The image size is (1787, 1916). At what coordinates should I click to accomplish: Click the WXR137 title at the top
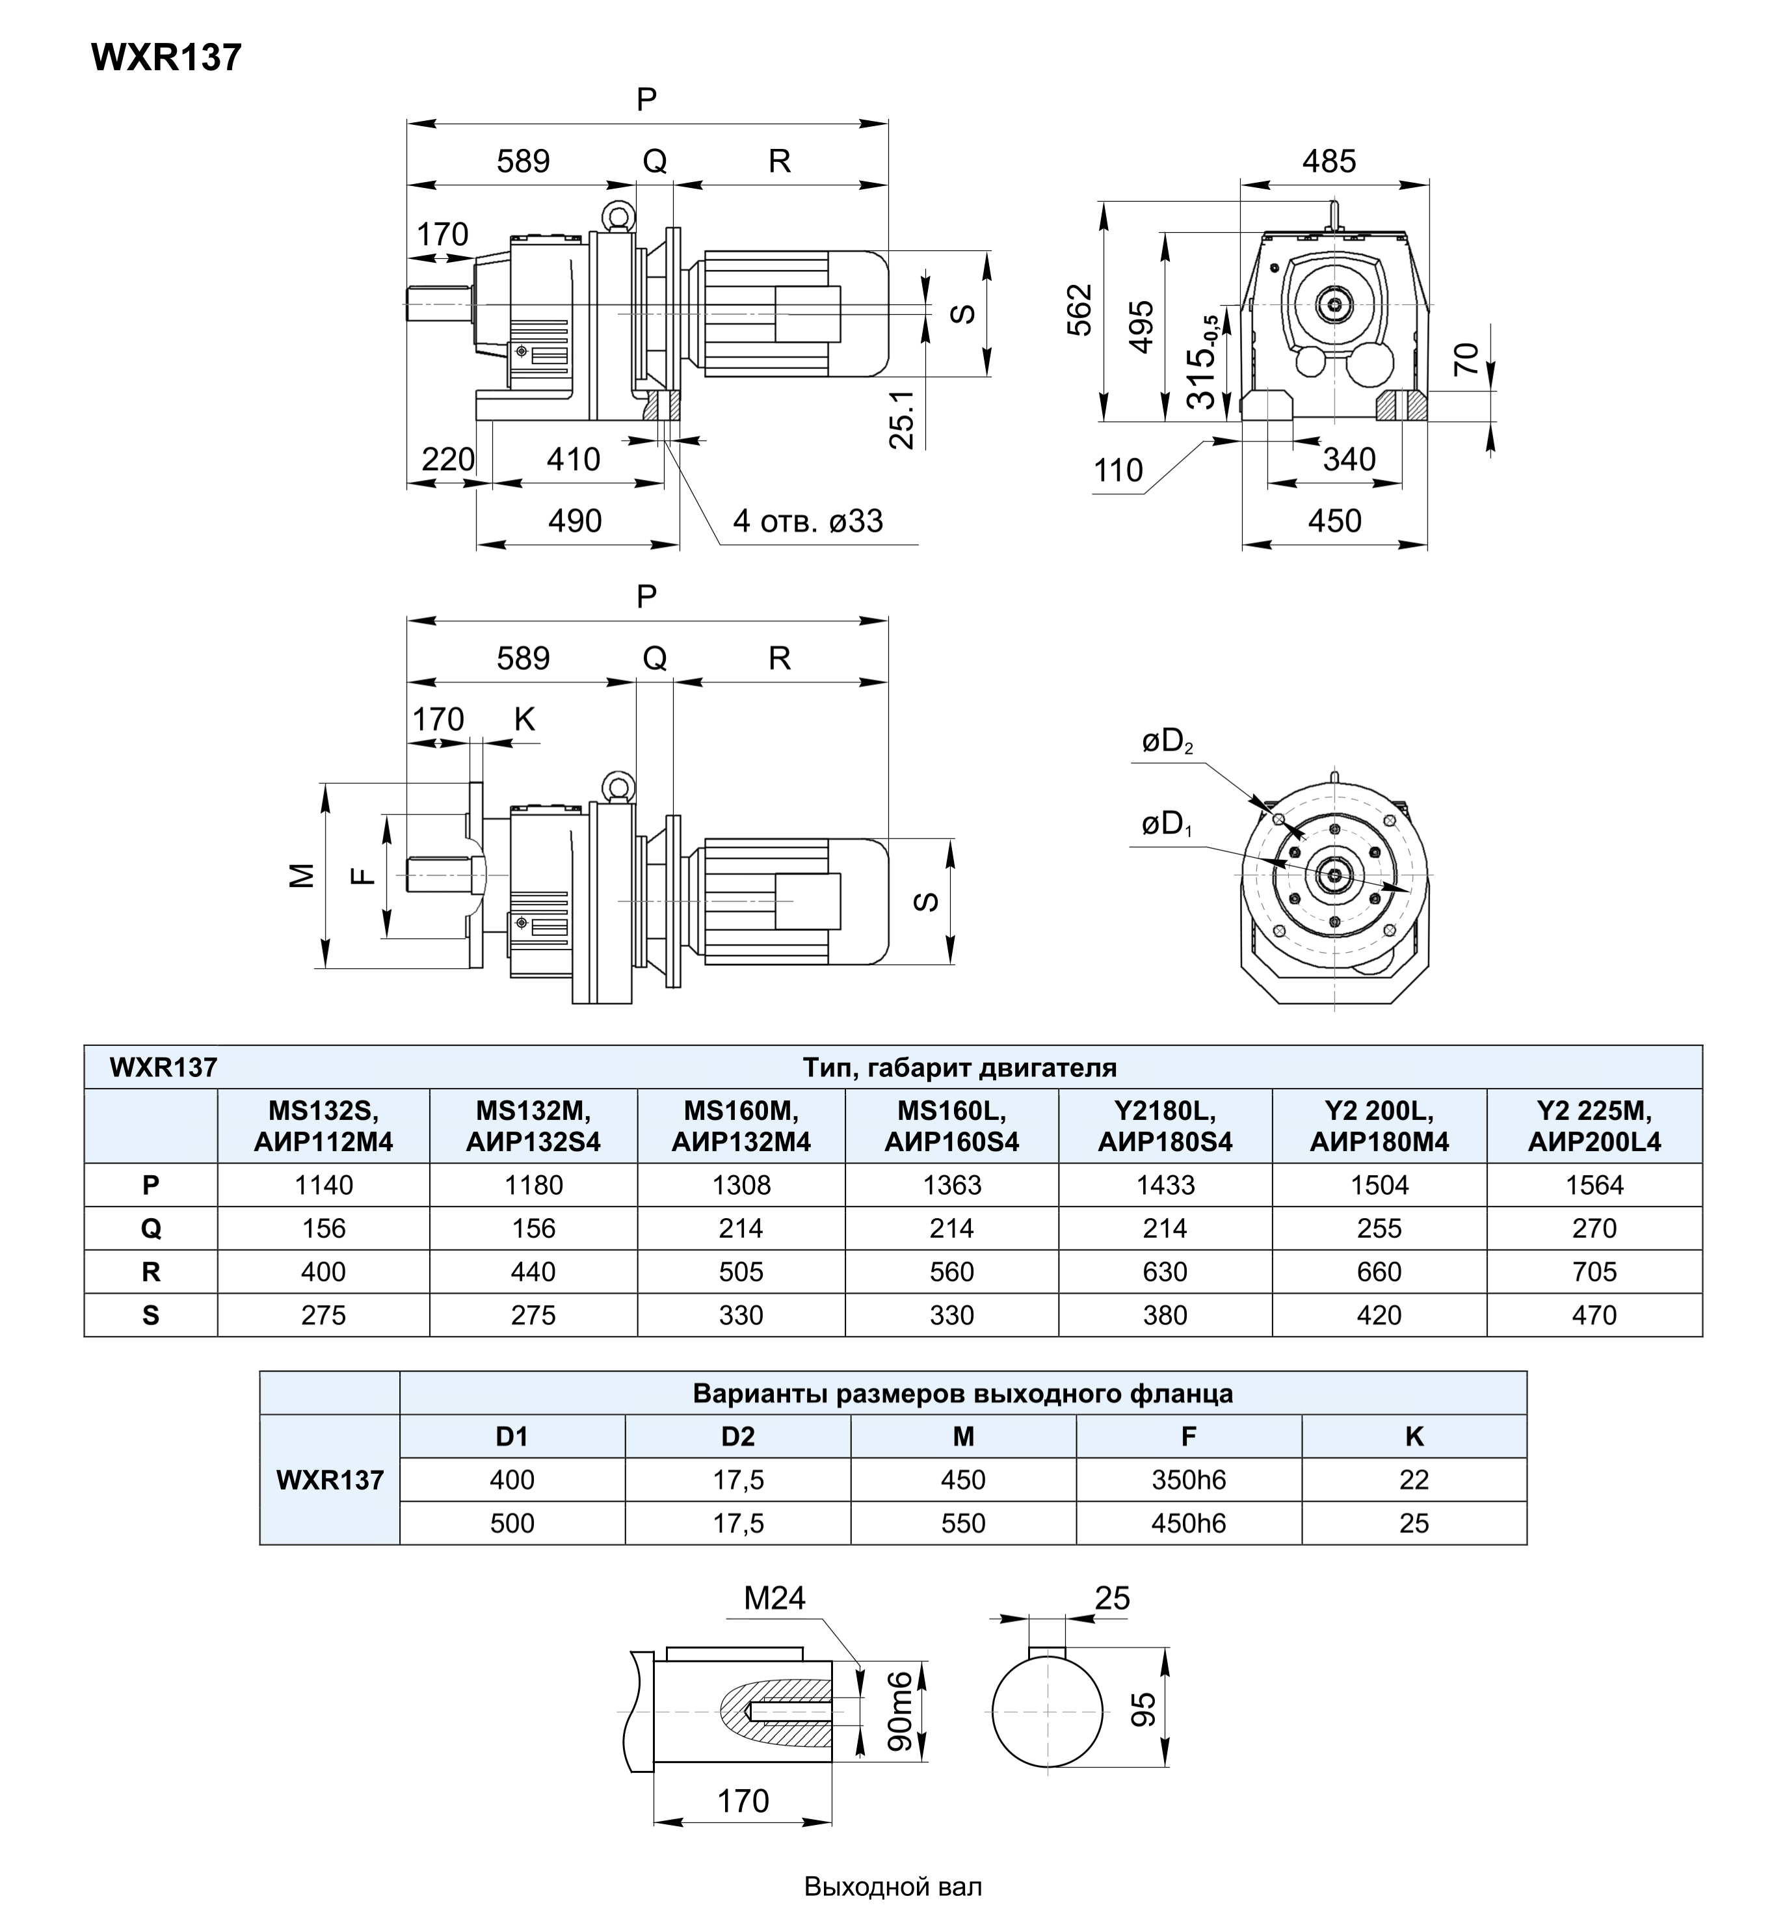click(x=166, y=58)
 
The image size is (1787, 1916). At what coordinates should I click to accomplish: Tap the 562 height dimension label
click(x=1081, y=310)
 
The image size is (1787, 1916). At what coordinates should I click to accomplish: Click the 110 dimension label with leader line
click(x=1118, y=470)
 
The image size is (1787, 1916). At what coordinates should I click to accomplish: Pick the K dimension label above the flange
click(x=524, y=719)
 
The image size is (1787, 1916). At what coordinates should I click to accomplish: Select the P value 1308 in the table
click(x=741, y=1184)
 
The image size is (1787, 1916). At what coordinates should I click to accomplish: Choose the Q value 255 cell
click(x=1379, y=1228)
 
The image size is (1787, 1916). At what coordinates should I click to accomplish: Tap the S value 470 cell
click(x=1595, y=1314)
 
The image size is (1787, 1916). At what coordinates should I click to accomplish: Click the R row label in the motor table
click(x=150, y=1271)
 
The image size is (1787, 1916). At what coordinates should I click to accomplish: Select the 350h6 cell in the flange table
click(x=1189, y=1480)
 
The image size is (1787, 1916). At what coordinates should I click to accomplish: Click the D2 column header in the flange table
click(x=737, y=1436)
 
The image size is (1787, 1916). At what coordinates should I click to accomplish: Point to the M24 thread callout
click(x=774, y=1598)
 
